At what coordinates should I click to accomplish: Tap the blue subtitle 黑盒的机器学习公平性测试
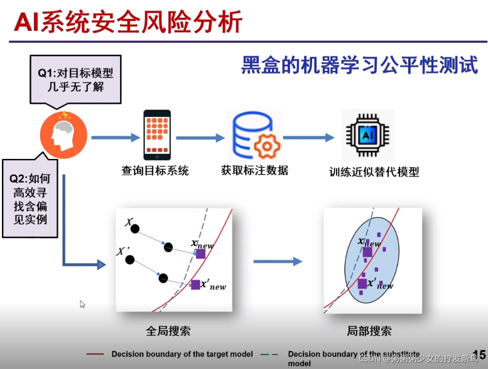click(x=360, y=65)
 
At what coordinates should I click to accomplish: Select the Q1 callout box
click(x=75, y=80)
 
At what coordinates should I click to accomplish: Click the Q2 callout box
click(x=28, y=198)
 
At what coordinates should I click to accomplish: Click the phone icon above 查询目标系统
click(x=157, y=134)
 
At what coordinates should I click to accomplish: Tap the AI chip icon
click(x=367, y=135)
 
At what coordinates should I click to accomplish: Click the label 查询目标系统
click(x=155, y=170)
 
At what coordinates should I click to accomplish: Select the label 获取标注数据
click(x=254, y=170)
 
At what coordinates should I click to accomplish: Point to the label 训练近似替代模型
click(x=374, y=172)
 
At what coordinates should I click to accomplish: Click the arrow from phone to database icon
click(x=200, y=137)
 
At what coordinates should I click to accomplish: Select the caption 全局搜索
click(x=168, y=331)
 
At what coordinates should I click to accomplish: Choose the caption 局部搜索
click(x=369, y=331)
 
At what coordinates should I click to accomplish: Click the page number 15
click(x=479, y=356)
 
